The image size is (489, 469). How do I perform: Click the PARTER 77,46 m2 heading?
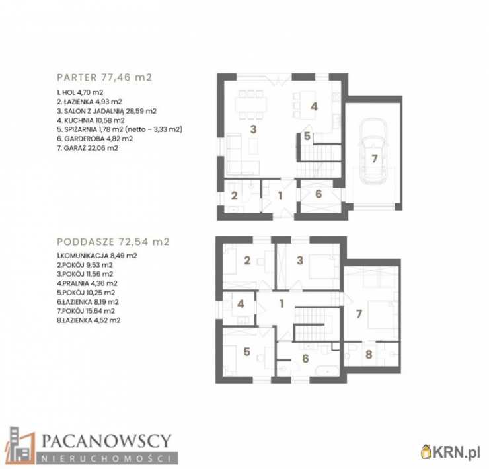coord(104,77)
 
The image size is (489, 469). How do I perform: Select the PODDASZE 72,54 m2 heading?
coord(113,242)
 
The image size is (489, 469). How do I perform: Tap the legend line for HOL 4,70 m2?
coord(80,92)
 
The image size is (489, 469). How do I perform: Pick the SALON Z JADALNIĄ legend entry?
coord(107,111)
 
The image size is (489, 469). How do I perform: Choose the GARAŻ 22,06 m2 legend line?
coord(88,148)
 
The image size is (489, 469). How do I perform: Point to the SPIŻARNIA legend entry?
coord(120,129)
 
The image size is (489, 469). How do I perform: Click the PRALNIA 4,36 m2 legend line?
coord(87,283)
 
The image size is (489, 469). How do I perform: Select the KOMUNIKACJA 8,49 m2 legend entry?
coord(97,256)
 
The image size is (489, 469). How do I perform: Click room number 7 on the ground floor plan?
coord(374,159)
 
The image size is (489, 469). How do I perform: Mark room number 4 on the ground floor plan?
coord(314,106)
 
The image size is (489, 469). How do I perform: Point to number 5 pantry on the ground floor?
coord(307,136)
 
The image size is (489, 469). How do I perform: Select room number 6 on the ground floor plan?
coord(319,194)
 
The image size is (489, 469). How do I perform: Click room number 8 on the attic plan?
coord(369,355)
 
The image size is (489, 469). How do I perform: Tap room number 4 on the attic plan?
coord(241,304)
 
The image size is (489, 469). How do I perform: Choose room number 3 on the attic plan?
coord(300,260)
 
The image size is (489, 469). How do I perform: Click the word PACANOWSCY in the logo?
coord(106,441)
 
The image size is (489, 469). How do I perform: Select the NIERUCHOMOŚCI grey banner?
coord(107,458)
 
